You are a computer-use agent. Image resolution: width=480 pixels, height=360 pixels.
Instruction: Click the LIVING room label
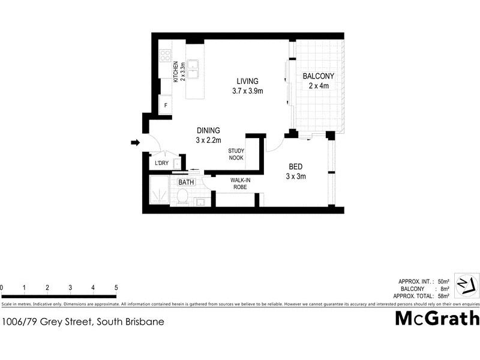[247, 81]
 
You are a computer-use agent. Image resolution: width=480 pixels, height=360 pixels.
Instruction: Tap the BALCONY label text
[318, 76]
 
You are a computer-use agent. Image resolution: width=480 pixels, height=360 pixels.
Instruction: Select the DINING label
[208, 130]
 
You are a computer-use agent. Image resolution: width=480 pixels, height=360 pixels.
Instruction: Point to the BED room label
[295, 166]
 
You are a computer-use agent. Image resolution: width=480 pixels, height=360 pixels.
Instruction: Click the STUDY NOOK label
[236, 155]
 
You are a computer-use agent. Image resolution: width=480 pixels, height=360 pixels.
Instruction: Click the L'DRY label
[161, 163]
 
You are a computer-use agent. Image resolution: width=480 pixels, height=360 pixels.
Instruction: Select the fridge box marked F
[166, 104]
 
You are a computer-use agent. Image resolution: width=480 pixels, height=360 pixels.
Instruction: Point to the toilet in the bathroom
[182, 197]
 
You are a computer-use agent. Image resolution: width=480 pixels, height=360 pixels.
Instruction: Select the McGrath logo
[437, 318]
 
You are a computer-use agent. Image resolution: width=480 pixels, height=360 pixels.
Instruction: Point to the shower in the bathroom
[160, 193]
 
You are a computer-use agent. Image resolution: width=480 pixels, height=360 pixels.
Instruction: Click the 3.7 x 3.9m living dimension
[247, 91]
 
